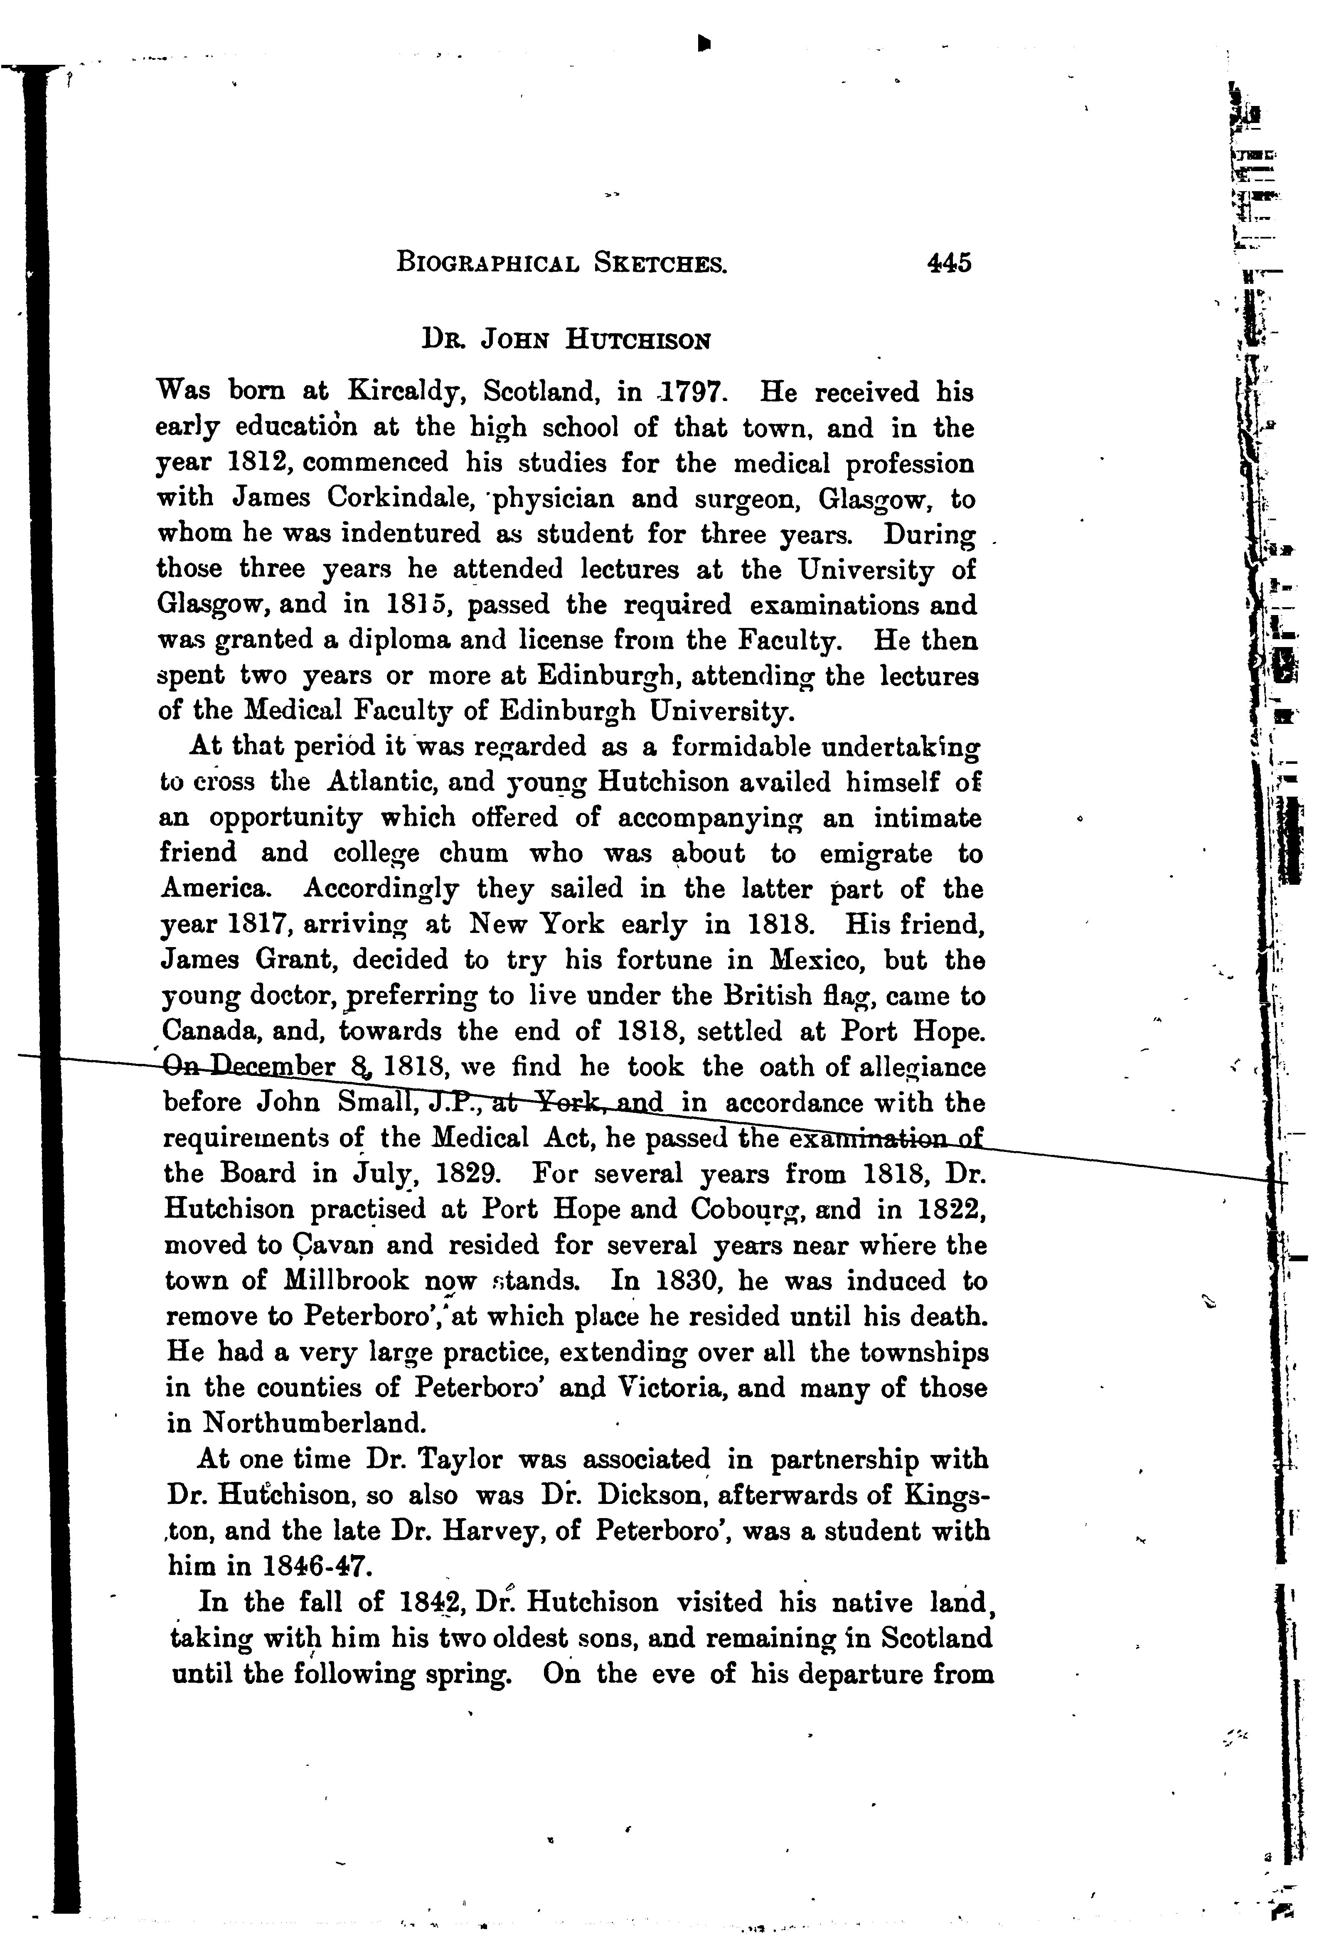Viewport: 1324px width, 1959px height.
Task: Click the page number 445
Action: pyautogui.click(x=949, y=263)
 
